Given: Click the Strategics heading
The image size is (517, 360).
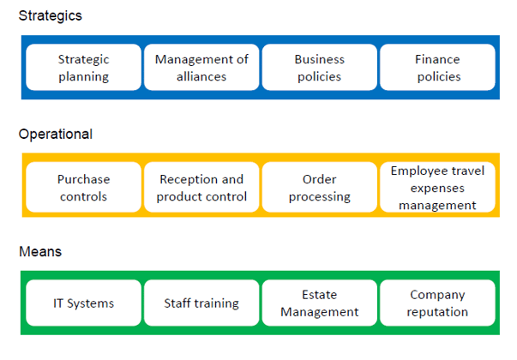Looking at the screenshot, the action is [50, 15].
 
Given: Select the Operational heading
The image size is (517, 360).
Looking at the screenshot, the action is [56, 135].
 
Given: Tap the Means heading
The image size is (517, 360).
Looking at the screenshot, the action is [40, 251].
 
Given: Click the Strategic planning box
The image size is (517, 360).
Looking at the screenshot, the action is [84, 67].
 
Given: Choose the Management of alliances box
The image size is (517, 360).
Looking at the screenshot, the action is [201, 67].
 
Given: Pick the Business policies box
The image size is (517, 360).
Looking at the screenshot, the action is [320, 67].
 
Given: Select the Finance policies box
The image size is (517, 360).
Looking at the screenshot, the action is [437, 67].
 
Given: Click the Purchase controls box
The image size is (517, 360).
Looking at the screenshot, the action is [84, 187].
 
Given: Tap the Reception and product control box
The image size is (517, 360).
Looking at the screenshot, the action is [201, 187].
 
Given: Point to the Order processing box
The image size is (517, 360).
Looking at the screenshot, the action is [320, 187].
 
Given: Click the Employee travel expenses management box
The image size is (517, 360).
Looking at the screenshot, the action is [437, 187].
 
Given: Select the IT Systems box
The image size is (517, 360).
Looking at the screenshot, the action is [84, 303].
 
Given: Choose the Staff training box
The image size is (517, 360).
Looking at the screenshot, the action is [201, 303].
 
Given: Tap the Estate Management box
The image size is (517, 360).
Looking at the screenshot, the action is [320, 303].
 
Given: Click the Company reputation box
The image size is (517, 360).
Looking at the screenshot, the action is [437, 303].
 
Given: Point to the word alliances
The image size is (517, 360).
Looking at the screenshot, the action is [201, 76].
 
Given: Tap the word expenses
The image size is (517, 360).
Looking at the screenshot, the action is [437, 189].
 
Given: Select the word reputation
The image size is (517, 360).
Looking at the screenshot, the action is [437, 312].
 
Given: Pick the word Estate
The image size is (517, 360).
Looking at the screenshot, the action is [320, 294].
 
